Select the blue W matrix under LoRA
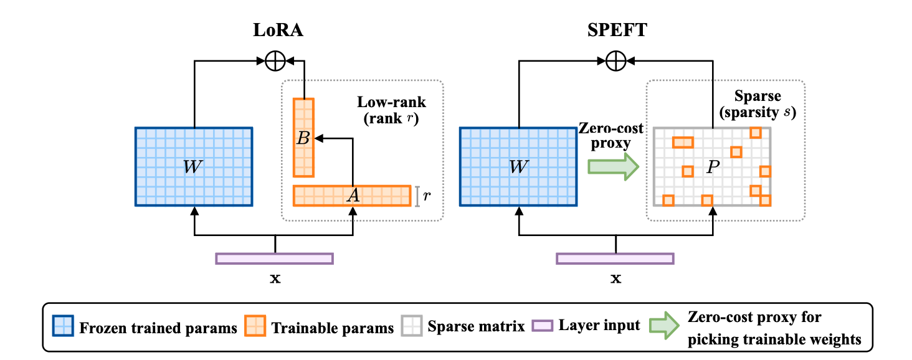coord(194,166)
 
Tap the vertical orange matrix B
coord(304,138)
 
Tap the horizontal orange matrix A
coord(352,196)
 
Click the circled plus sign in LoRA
coord(275,61)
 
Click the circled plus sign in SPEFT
coord(615,61)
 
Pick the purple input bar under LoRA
coord(275,258)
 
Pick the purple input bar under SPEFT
coord(615,258)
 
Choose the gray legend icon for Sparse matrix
coord(412,326)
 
